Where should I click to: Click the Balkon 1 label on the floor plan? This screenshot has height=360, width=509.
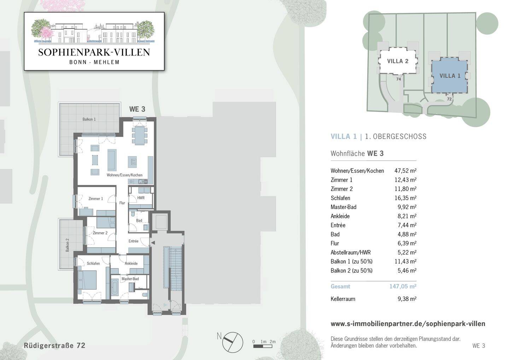89,119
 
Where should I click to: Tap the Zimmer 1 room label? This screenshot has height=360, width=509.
96,199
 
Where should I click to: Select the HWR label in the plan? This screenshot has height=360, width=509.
141,198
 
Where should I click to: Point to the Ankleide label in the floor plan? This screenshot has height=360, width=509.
131,263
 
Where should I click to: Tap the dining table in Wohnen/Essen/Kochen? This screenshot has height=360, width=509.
140,136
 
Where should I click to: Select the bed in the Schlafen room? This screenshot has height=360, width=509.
87,280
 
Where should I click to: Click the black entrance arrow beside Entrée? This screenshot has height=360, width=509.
153,243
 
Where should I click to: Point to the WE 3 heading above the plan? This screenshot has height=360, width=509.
137,109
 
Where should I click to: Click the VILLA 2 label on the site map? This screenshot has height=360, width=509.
398,61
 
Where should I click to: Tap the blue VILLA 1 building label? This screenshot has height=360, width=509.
450,76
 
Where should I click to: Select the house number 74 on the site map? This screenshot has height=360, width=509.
398,79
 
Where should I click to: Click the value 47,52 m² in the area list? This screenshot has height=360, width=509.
405,171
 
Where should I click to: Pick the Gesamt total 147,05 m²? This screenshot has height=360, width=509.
403,286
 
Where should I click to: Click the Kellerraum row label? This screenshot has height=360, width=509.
343,299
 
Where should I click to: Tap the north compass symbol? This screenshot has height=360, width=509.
233,342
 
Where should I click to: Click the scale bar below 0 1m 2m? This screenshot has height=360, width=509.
263,346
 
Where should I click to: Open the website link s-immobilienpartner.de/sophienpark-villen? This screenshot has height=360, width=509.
408,324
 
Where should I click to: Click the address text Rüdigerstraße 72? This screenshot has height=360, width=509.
54,346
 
